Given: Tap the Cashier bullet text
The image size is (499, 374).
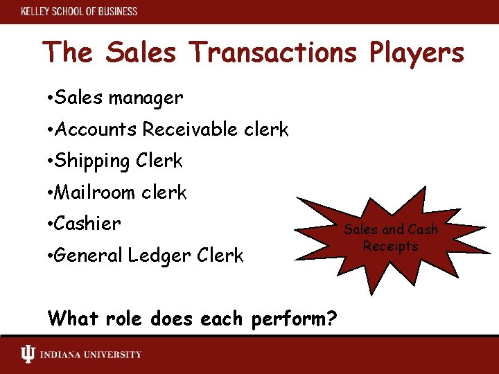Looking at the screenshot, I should point(87,224).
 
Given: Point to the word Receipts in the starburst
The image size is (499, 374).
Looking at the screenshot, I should point(392,247).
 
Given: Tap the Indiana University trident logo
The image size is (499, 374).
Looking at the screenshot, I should point(27,355).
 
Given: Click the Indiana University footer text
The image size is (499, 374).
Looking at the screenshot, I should point(90,355).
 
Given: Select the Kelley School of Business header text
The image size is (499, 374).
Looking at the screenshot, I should point(79,11).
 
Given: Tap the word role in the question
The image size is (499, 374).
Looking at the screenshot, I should point(123,319).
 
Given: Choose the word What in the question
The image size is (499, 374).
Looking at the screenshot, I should point(72,319).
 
